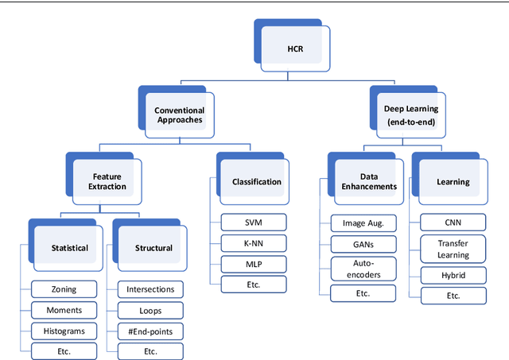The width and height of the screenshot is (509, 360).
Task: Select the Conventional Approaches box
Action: click(x=180, y=116)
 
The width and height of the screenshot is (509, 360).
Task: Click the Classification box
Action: click(x=256, y=182)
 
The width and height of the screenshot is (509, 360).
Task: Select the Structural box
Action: click(x=153, y=248)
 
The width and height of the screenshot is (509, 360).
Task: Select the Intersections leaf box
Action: click(x=150, y=288)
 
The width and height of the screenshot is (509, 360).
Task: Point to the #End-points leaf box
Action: click(x=150, y=330)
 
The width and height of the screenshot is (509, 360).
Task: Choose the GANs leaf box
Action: click(x=363, y=245)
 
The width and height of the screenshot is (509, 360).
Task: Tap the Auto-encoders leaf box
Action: click(x=363, y=268)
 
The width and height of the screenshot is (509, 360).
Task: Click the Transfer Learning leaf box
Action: click(x=453, y=250)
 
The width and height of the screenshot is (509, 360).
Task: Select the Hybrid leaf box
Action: click(x=453, y=275)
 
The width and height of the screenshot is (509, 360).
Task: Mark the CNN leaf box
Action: click(x=453, y=223)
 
